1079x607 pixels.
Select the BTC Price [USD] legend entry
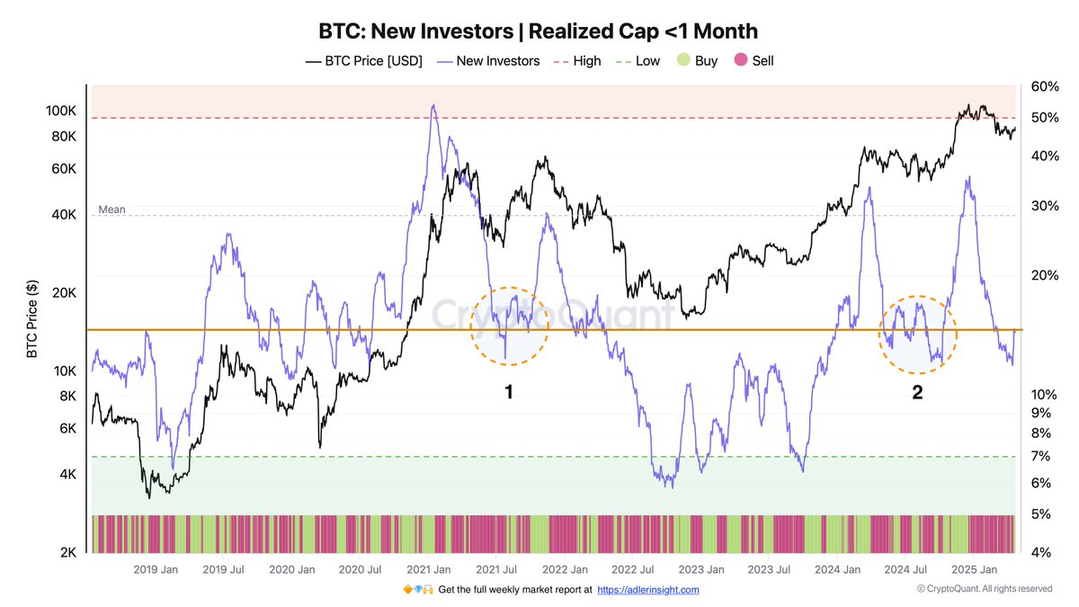tap(364, 61)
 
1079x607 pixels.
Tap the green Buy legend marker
tap(683, 61)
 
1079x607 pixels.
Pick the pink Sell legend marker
tap(740, 61)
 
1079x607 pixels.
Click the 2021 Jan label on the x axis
tap(428, 569)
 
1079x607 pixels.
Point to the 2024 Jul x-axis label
tap(906, 569)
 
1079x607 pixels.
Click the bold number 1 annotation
tap(508, 392)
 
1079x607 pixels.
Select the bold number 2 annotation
tap(917, 392)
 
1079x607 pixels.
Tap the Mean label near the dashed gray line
tap(111, 210)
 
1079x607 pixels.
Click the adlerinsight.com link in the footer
tap(647, 590)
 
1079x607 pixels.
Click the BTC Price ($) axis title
tap(31, 319)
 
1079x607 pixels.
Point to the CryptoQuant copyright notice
tap(985, 589)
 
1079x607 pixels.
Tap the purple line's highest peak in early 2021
tap(433, 105)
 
